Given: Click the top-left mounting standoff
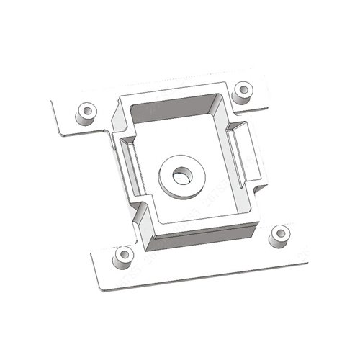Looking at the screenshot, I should click(x=88, y=113).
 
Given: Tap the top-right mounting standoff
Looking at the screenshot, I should click(x=245, y=91).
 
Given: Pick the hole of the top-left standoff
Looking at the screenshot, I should click(x=88, y=111).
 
